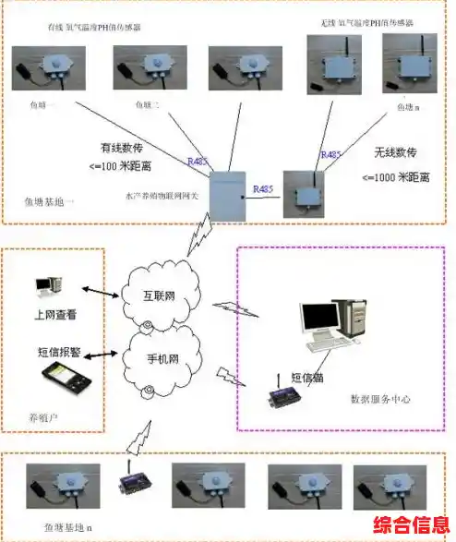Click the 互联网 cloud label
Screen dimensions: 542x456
(x=161, y=296)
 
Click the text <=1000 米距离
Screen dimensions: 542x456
(x=400, y=176)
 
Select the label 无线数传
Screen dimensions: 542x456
(x=397, y=151)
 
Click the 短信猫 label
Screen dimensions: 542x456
(x=308, y=377)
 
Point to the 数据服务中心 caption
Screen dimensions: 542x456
(x=382, y=399)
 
